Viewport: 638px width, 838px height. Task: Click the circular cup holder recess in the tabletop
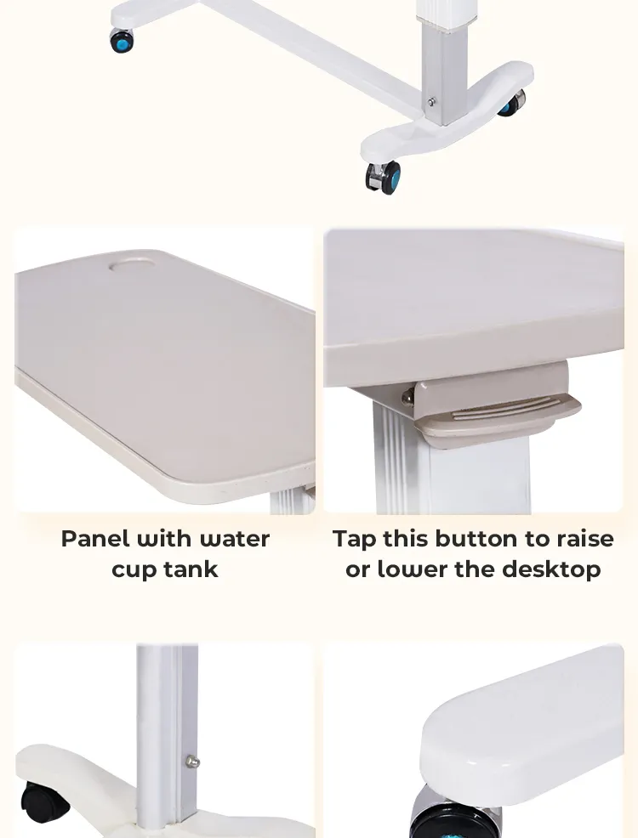(136, 266)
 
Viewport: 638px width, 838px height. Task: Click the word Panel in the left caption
(95, 539)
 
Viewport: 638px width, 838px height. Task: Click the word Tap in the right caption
(355, 539)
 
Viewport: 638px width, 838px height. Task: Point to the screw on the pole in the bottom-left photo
(192, 762)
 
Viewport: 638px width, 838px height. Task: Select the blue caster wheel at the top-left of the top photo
(122, 40)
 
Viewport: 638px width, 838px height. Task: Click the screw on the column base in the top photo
(432, 102)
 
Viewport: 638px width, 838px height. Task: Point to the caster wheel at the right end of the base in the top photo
(511, 104)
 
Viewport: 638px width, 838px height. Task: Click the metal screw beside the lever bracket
(409, 394)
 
